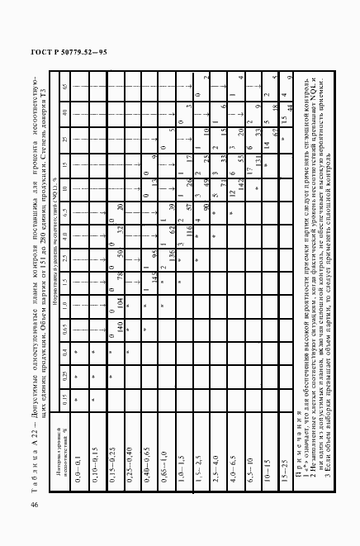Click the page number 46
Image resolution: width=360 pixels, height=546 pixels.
pos(34,504)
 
